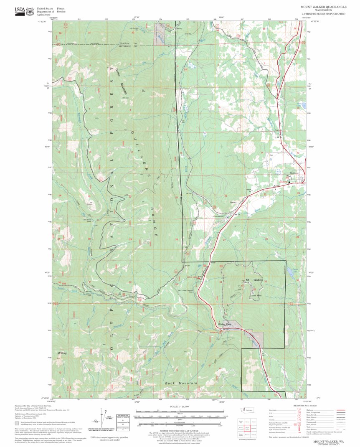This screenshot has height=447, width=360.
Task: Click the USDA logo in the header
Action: tap(19, 11)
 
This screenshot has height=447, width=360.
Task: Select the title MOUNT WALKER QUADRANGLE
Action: tap(323, 8)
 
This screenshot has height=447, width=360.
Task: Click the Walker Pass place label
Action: tap(225, 324)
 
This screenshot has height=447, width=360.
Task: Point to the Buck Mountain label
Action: tap(181, 383)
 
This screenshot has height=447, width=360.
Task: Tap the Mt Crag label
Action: tap(62, 353)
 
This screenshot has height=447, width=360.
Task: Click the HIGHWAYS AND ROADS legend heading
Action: tap(304, 406)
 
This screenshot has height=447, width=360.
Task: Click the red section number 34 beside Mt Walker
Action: tap(221, 282)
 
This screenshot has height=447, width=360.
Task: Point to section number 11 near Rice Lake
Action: tap(261, 108)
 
